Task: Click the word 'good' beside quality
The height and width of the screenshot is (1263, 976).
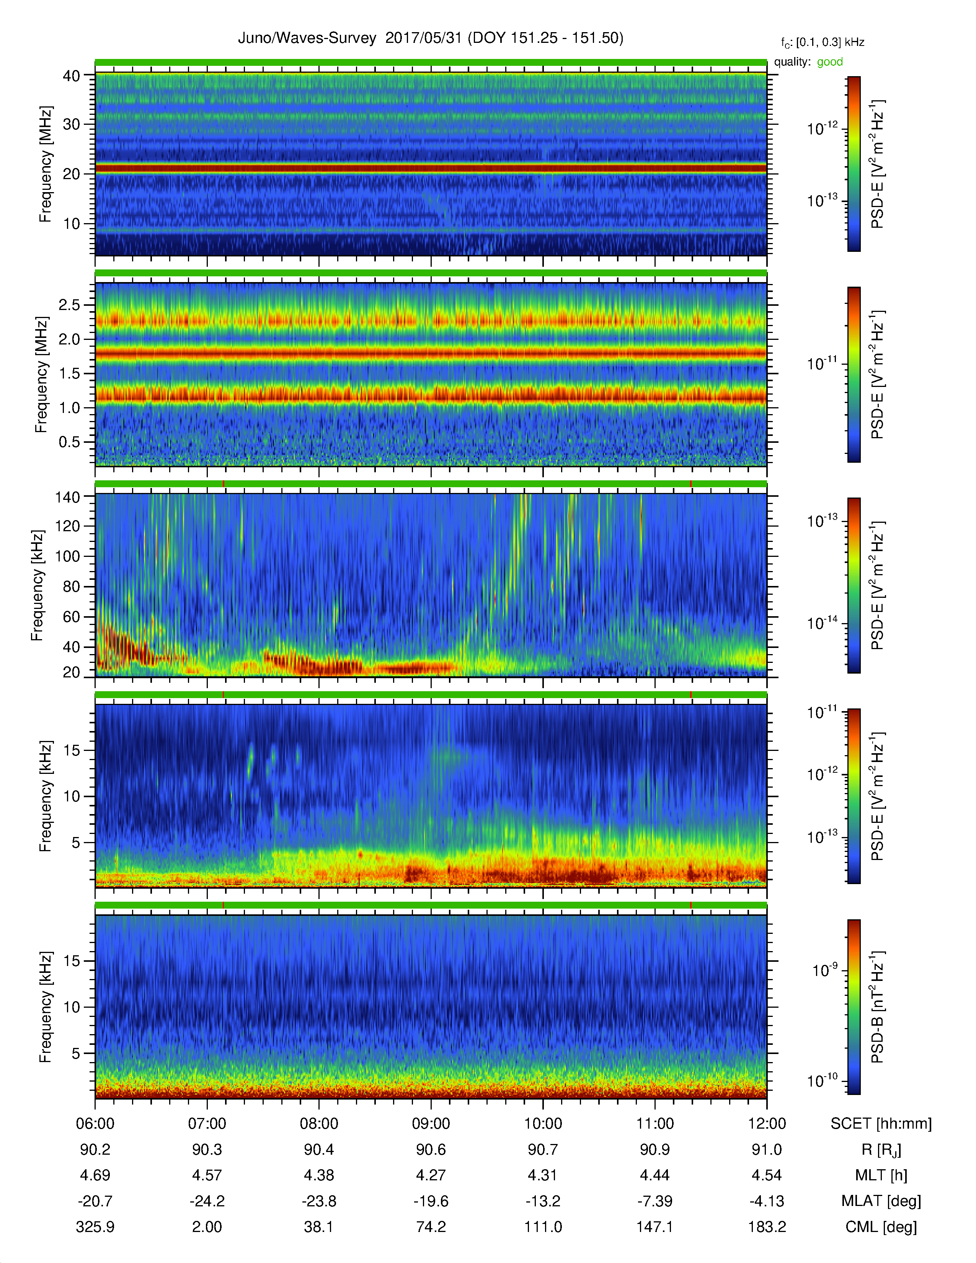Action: pyautogui.click(x=830, y=62)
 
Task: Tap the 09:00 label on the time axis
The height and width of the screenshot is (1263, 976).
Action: pyautogui.click(x=431, y=1124)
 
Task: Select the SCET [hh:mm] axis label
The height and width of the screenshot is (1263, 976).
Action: pyautogui.click(x=881, y=1124)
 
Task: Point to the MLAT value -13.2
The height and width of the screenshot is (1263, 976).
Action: pyautogui.click(x=543, y=1201)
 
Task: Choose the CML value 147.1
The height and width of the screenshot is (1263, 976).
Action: pyautogui.click(x=654, y=1227)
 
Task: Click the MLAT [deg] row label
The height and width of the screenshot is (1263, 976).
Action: pyautogui.click(x=881, y=1201)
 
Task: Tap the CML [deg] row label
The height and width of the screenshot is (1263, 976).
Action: pyautogui.click(x=881, y=1227)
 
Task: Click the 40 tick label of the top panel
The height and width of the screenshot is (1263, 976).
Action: pyautogui.click(x=71, y=76)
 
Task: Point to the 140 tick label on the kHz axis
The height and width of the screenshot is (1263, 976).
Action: pyautogui.click(x=67, y=497)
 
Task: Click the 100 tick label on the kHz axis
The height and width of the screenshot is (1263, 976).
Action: pyautogui.click(x=67, y=556)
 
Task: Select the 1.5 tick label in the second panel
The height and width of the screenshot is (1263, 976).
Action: pyautogui.click(x=69, y=374)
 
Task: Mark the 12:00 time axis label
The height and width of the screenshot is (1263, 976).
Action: pyautogui.click(x=767, y=1124)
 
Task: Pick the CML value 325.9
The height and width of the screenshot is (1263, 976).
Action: pyautogui.click(x=95, y=1227)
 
